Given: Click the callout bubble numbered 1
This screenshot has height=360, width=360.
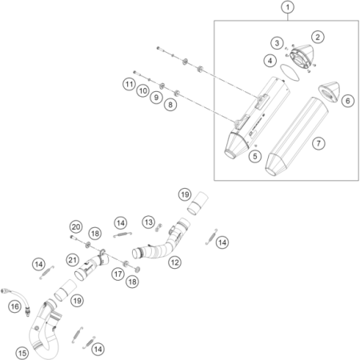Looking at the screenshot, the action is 287,7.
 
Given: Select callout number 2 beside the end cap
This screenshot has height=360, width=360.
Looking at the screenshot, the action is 318,37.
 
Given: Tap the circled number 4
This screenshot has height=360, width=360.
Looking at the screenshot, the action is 270,61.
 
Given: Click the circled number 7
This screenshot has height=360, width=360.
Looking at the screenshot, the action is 318,143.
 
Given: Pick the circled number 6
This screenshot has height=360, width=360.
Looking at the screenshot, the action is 348,101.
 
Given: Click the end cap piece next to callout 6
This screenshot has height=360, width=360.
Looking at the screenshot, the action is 330,92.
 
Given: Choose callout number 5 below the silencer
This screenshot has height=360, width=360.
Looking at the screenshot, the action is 255,156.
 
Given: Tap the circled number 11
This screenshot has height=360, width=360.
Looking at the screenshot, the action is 130,85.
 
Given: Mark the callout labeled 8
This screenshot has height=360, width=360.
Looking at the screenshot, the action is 170,105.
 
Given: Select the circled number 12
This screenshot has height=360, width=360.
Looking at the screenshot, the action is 174,262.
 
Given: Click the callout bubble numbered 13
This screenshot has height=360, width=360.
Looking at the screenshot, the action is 149,222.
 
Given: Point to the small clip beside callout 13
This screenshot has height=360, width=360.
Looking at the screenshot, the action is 159,227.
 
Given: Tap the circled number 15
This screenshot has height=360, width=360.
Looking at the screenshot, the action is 22,354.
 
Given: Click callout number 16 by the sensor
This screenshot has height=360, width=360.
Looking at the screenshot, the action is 15,306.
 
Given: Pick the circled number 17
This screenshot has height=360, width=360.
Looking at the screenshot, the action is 118,274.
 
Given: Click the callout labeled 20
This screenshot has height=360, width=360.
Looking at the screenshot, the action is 76,227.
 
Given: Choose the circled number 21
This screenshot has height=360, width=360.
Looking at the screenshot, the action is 73,260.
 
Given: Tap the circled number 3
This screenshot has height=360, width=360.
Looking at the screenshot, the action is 277,43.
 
